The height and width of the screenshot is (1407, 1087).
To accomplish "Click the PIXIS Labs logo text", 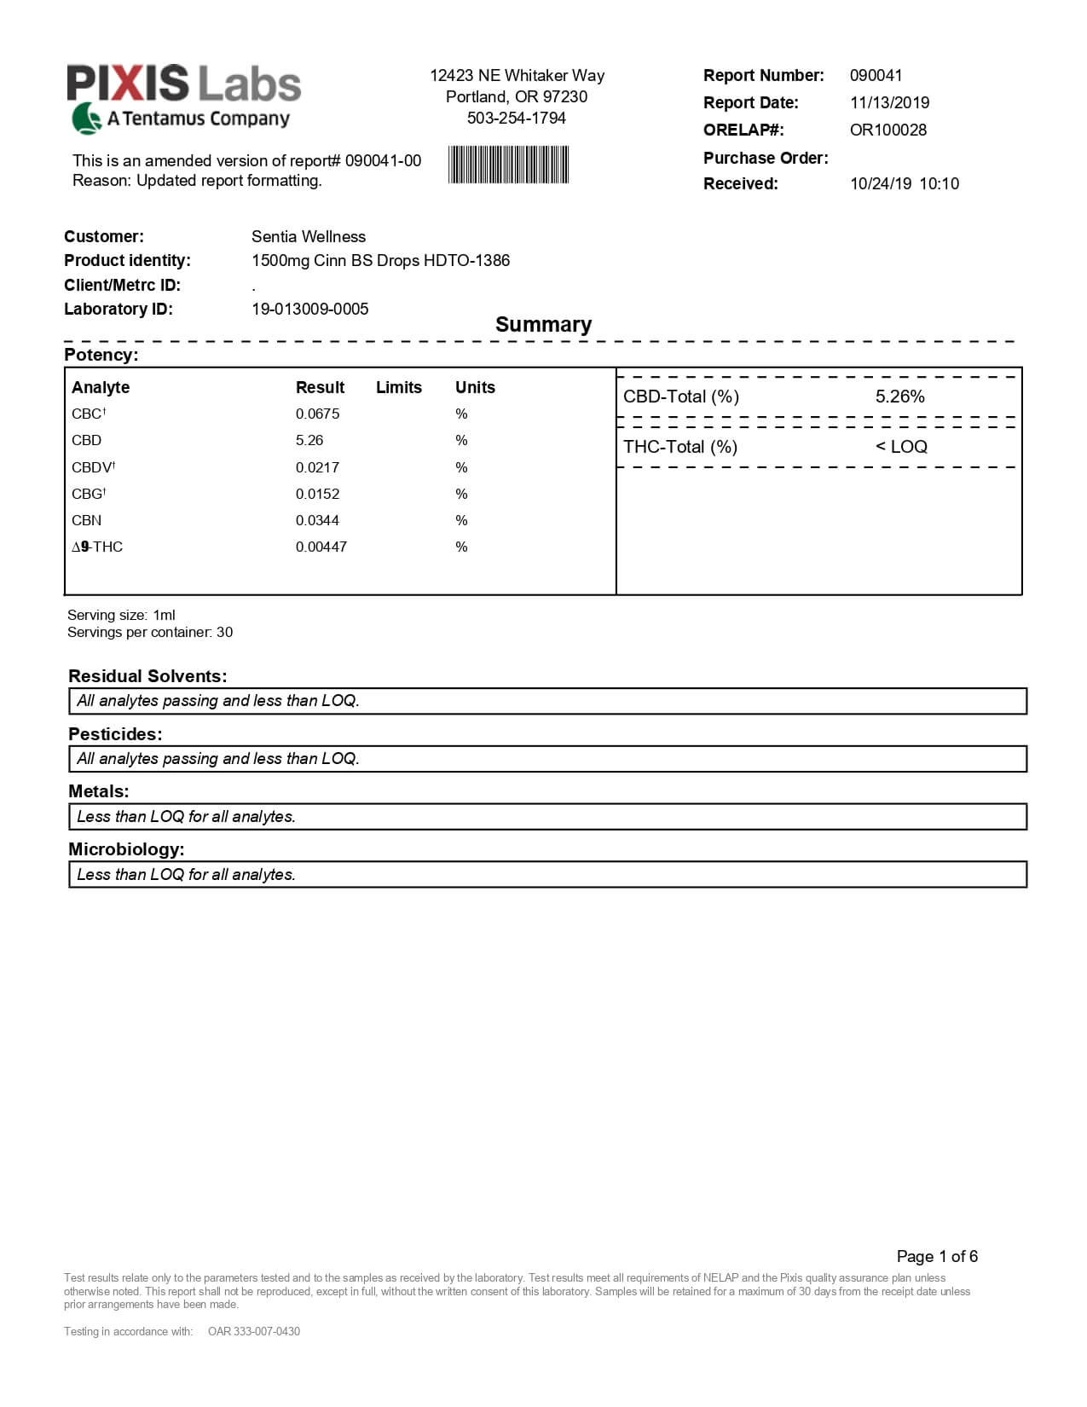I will [x=184, y=84].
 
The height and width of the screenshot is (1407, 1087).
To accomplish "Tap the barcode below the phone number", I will [x=508, y=165].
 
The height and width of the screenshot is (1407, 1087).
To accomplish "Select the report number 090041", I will [x=876, y=75].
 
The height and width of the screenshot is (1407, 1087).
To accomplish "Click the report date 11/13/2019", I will [x=889, y=102].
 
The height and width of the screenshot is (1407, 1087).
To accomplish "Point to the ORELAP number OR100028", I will [x=888, y=130].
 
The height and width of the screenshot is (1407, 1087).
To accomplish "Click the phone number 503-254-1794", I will [x=516, y=118].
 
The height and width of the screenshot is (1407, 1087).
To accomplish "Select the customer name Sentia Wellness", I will [x=309, y=236].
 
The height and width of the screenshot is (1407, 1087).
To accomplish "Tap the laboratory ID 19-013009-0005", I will [x=310, y=309].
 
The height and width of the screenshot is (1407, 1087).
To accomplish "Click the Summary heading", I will [x=543, y=324].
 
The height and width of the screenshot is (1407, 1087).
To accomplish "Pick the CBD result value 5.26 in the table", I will [x=309, y=440].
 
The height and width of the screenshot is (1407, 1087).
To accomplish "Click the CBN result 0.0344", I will [x=317, y=520].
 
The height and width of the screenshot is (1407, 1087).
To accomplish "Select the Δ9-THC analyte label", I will [x=97, y=547].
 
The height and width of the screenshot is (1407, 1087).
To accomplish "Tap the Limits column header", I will [x=399, y=387].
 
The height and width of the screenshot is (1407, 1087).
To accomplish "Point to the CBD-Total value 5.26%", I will [x=899, y=397].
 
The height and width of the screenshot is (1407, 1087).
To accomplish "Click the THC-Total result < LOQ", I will [x=901, y=447].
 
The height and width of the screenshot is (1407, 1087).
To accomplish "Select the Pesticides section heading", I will [x=115, y=734].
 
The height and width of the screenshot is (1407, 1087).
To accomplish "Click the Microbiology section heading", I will [x=126, y=849].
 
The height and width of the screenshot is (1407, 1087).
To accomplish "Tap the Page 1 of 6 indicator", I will [x=937, y=1256].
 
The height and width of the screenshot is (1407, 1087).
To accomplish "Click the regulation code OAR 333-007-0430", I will [x=254, y=1331].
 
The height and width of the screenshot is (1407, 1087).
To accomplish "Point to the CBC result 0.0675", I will [x=317, y=414].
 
